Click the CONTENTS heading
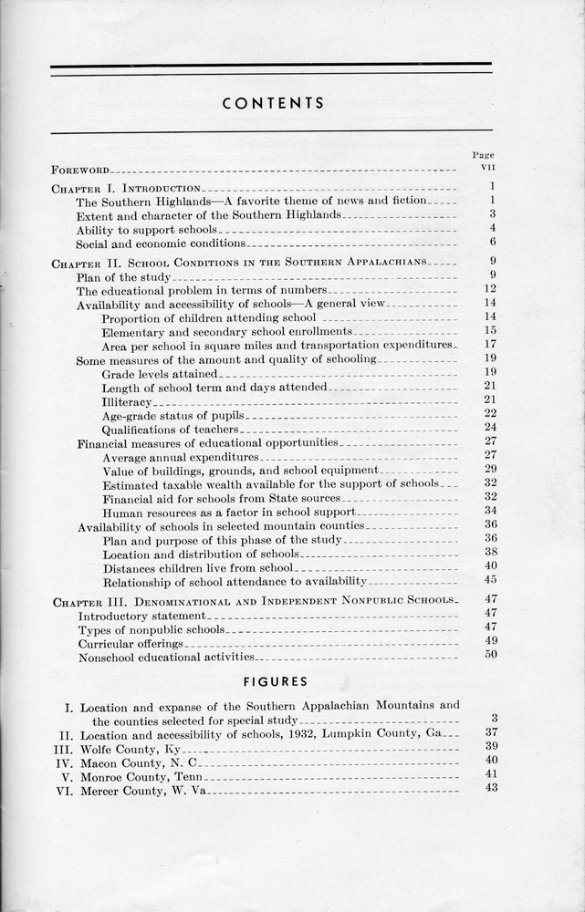click(273, 103)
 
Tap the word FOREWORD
click(80, 170)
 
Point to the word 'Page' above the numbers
click(481, 155)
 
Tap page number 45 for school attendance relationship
click(490, 579)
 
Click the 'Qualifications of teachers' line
click(170, 429)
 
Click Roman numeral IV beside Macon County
click(67, 761)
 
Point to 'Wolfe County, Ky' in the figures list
click(127, 747)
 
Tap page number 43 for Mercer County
click(491, 788)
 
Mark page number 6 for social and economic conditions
click(492, 242)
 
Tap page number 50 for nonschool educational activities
click(490, 655)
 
